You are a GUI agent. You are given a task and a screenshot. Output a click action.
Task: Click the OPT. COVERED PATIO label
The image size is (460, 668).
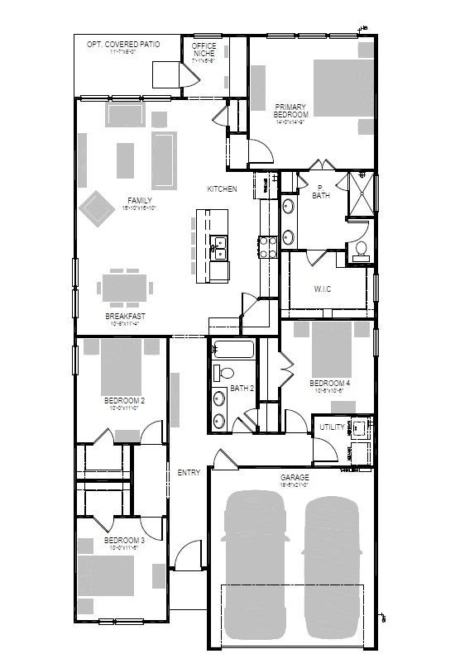click(x=123, y=44)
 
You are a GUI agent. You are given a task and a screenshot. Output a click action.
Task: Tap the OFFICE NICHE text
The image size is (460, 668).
click(x=204, y=50)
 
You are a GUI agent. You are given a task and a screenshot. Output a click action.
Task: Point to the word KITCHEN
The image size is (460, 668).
click(x=222, y=189)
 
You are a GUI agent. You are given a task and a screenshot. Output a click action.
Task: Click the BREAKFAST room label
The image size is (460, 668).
click(x=126, y=317)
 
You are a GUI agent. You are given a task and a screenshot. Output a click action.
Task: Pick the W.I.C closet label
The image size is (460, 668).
click(x=322, y=289)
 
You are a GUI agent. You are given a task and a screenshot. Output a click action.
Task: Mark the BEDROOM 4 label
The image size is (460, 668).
click(x=329, y=384)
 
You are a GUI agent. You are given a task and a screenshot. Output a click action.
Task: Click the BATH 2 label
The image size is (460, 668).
click(x=241, y=388)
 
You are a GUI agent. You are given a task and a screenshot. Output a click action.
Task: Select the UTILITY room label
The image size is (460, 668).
click(x=332, y=427)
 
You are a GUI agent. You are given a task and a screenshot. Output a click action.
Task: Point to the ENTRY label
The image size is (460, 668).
click(x=189, y=473)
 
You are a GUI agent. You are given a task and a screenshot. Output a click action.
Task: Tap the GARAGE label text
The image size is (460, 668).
click(x=294, y=478)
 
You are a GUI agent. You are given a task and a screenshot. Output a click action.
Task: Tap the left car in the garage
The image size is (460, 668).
click(x=256, y=562)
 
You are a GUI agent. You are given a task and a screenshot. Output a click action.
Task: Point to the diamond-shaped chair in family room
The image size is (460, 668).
click(x=97, y=208)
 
